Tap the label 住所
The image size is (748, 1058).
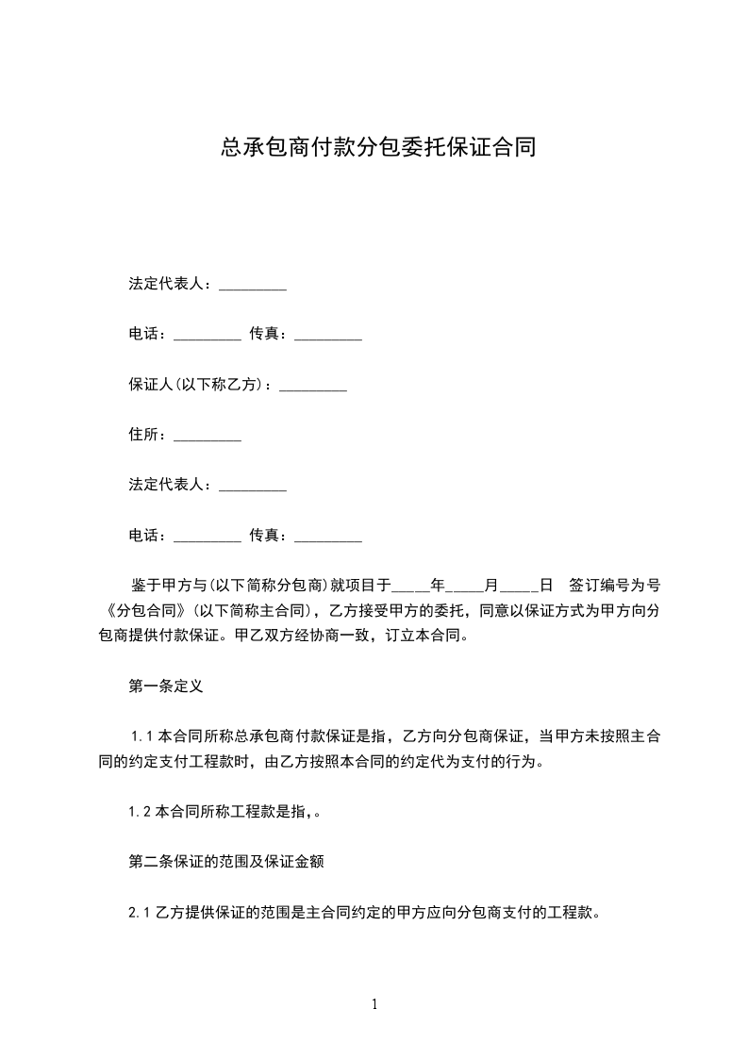click(x=147, y=435)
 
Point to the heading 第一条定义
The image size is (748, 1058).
click(x=166, y=686)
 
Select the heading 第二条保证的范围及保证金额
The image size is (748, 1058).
click(x=227, y=862)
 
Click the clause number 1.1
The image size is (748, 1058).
click(x=142, y=736)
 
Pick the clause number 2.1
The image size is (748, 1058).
click(x=141, y=913)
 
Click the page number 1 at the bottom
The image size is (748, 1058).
click(x=374, y=1004)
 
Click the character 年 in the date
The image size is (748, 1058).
click(x=438, y=585)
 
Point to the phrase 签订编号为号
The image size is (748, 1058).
click(x=614, y=585)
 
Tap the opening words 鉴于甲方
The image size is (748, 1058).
click(x=160, y=585)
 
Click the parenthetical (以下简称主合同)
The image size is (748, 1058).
click(x=253, y=609)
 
